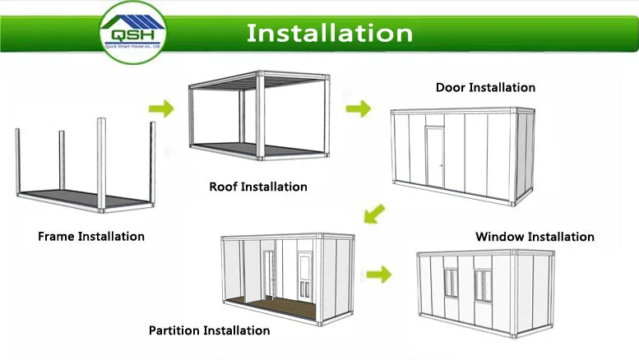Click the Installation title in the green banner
330,33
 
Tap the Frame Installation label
91,237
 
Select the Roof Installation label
258,187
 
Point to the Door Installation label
485,87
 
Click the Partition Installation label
209,330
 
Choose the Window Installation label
535,237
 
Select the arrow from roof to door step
358,108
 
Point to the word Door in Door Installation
451,87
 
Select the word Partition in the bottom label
175,330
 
